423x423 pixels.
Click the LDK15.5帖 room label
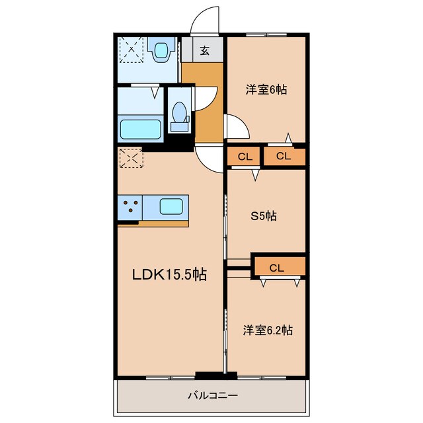[169, 274]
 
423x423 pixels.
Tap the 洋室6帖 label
[266, 90]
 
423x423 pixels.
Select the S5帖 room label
[263, 216]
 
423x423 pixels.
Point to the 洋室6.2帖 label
[267, 330]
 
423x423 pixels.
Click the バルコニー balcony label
[213, 395]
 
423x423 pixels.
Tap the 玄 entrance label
[204, 50]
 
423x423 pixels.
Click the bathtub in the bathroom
[141, 130]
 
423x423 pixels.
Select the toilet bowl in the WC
[178, 112]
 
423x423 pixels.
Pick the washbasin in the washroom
[161, 49]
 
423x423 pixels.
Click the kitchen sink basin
[171, 207]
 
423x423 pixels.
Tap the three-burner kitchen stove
[130, 207]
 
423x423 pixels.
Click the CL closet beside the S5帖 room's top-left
[244, 156]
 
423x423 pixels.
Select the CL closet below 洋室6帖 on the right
[284, 156]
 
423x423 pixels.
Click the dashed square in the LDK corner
[131, 158]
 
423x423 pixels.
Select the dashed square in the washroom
[132, 50]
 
